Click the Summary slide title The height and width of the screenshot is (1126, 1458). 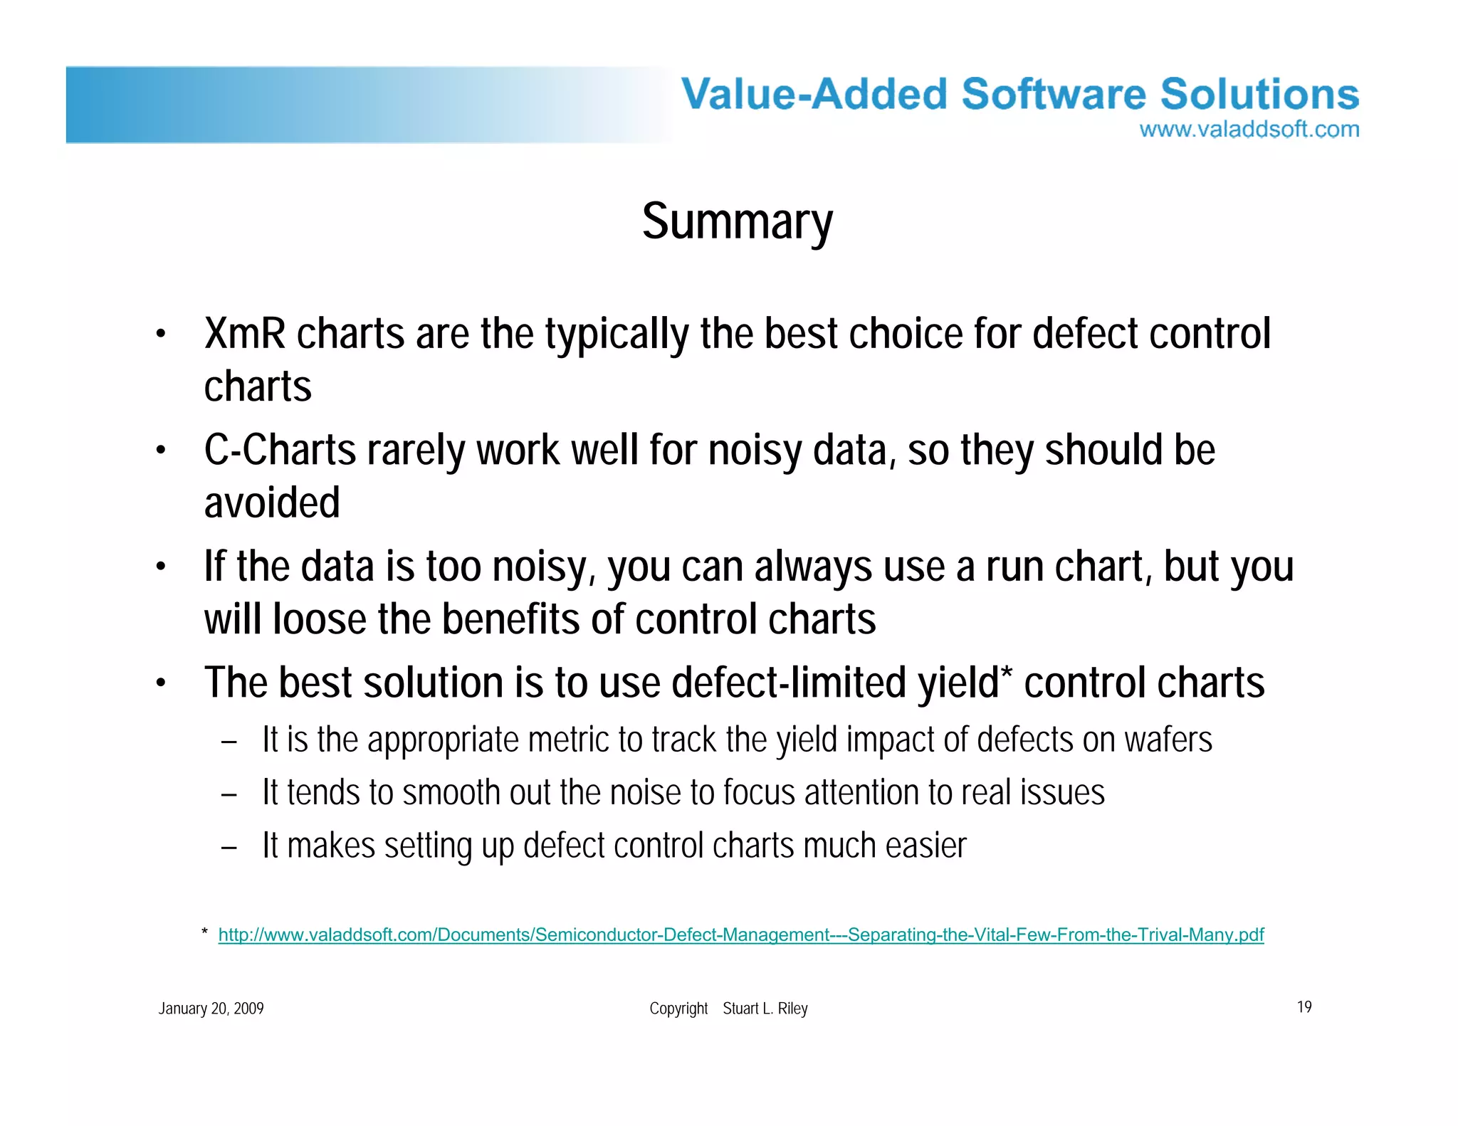tap(737, 222)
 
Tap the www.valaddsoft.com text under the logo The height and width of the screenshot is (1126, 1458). tap(1249, 130)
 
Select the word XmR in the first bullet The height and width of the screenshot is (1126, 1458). tap(244, 334)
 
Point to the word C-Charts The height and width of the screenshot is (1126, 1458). tap(280, 451)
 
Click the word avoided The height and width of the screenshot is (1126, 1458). tap(272, 503)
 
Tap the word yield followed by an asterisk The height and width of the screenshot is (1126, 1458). tap(958, 683)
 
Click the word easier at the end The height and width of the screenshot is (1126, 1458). tap(925, 846)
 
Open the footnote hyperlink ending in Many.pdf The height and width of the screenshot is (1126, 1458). tap(740, 935)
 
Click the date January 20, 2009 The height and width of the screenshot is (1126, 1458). tap(211, 1009)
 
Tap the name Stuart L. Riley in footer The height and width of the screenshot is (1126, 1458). tap(765, 1009)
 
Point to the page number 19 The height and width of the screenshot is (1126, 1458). tap(1304, 1007)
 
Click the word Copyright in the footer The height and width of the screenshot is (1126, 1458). tap(678, 1009)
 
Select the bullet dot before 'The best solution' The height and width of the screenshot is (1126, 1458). tap(162, 684)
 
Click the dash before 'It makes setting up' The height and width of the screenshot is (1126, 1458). tap(229, 847)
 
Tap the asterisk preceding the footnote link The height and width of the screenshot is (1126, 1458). tap(204, 932)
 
